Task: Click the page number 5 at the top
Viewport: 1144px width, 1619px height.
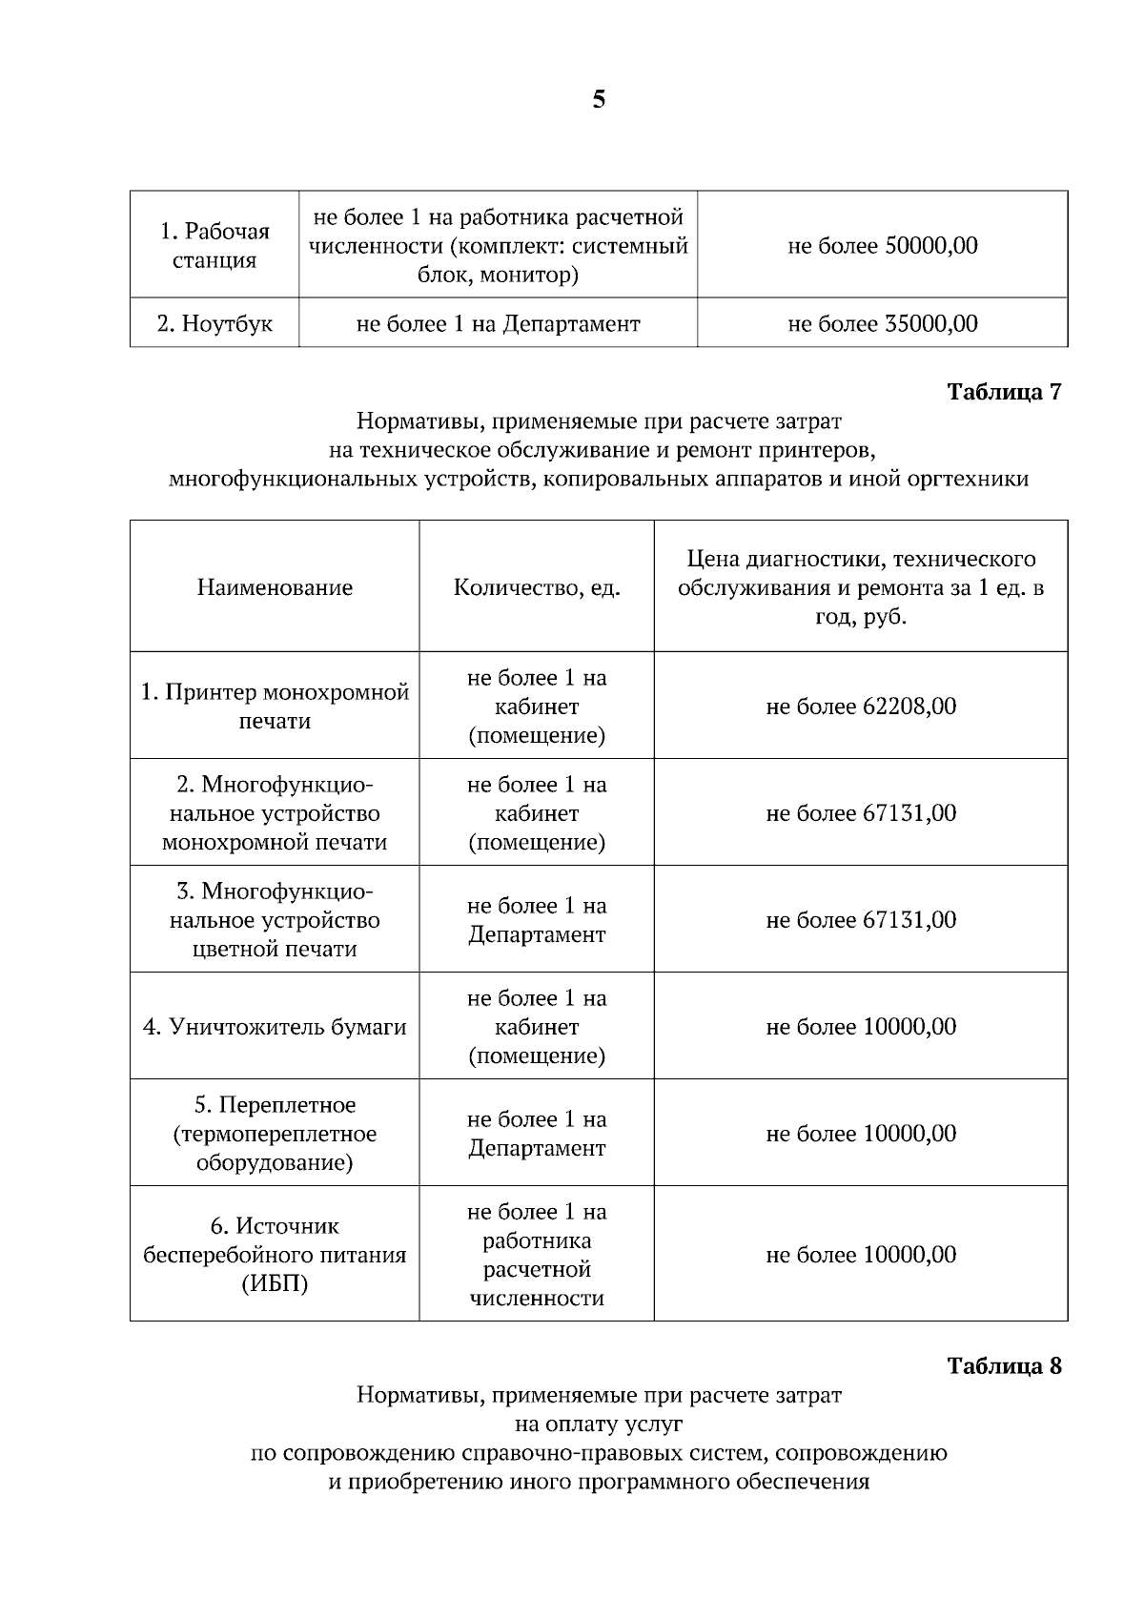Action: pos(598,100)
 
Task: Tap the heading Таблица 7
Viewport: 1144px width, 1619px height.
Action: pos(1003,392)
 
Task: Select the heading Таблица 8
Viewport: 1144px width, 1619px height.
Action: pos(1003,1365)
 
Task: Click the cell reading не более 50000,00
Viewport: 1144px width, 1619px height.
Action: pos(882,245)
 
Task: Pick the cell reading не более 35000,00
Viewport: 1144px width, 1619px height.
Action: pos(882,323)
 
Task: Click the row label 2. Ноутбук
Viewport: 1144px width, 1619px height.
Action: pos(214,323)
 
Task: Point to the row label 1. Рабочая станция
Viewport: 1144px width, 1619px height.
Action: pos(214,245)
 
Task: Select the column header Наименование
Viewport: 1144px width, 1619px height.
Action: pos(275,587)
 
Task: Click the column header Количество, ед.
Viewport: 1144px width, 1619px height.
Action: pos(537,587)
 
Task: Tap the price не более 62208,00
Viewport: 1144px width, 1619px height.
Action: pos(861,707)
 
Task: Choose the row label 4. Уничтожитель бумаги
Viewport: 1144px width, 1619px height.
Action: pos(275,1027)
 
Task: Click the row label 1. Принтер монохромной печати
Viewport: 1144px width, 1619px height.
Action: pos(275,707)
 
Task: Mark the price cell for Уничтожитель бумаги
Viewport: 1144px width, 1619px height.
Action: pos(861,1027)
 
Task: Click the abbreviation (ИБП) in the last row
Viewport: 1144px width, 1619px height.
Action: pos(275,1284)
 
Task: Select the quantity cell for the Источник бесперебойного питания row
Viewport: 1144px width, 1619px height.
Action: pos(537,1255)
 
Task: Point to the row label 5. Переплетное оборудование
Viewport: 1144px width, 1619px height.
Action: pos(275,1134)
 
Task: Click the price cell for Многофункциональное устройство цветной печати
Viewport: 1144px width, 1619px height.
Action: pos(861,920)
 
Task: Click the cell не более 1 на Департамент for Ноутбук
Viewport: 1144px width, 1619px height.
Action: pos(498,323)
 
